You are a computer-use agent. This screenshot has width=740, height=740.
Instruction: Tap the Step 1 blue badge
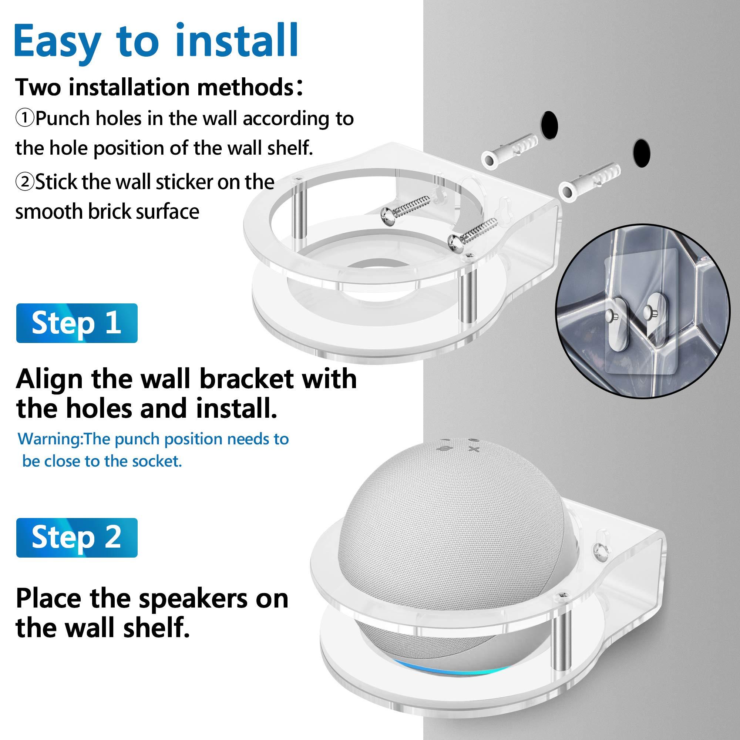point(77,323)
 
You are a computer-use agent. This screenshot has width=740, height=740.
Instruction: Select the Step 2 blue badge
point(77,537)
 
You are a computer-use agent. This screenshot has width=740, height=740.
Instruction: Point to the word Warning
point(50,438)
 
